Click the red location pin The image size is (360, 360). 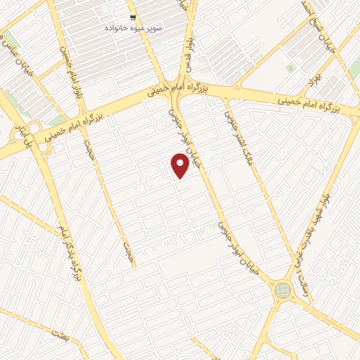click(x=181, y=166)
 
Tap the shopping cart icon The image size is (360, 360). click(x=132, y=18)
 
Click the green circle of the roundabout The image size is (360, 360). click(x=283, y=290)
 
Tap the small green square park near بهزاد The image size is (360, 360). click(x=290, y=68)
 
